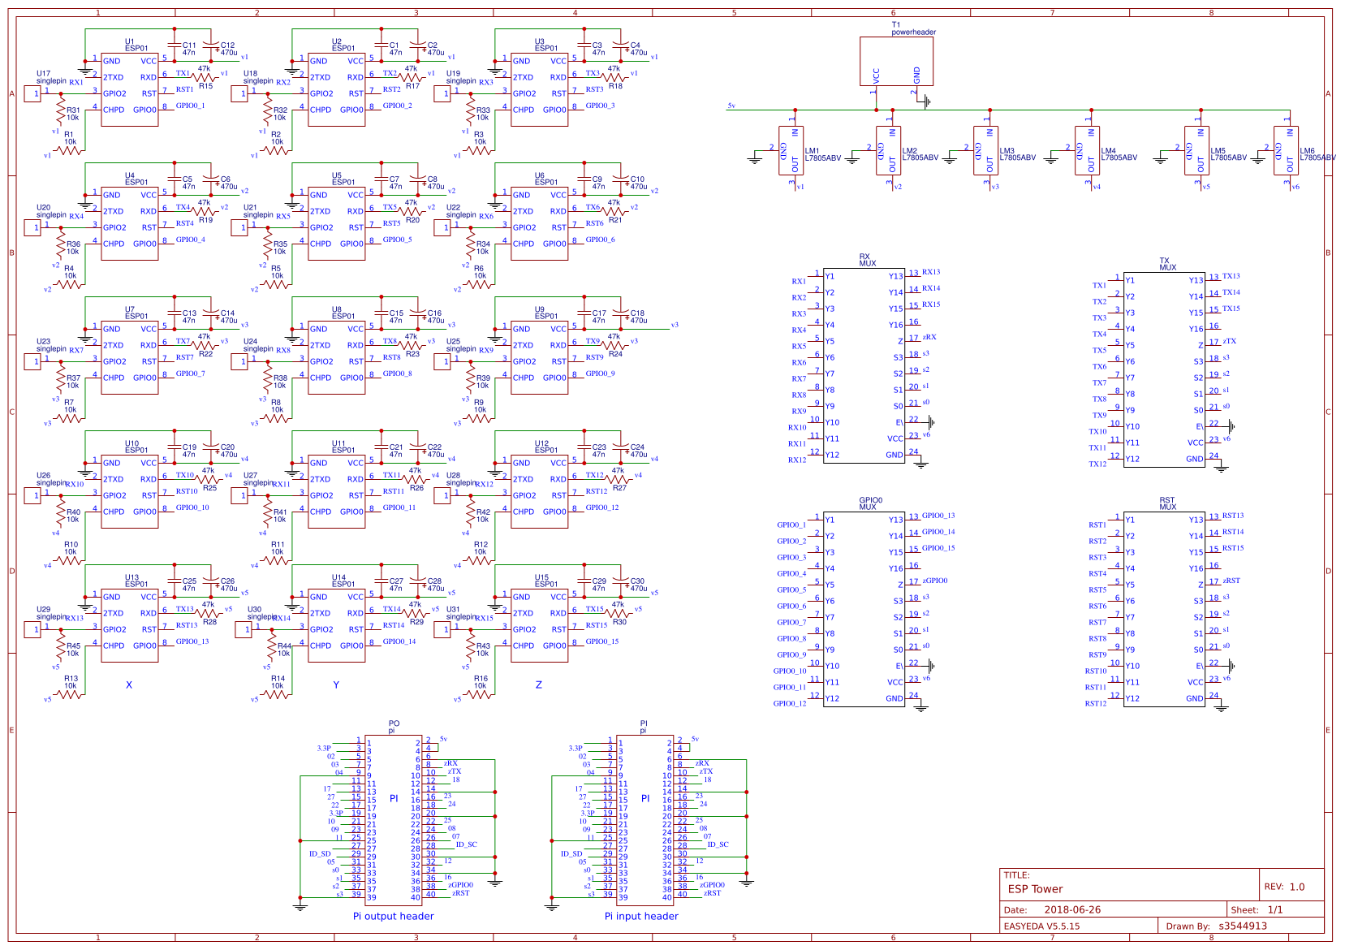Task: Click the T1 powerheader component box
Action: coord(896,61)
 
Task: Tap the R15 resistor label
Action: coord(205,86)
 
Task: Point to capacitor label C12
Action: coord(227,45)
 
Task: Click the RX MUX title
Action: coord(867,261)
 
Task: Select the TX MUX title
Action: coord(1167,264)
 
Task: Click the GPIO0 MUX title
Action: coord(869,503)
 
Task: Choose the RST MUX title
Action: coord(1167,503)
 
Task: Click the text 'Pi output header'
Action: coord(393,916)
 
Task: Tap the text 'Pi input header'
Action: coord(641,916)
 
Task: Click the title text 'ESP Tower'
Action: coord(1035,888)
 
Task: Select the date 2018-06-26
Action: coord(1072,910)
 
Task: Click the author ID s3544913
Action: coord(1243,926)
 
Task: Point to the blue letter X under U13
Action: coord(129,685)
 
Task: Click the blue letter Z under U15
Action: coord(538,685)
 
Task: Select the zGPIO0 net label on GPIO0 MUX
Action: coord(935,581)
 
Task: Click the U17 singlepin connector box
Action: coord(32,94)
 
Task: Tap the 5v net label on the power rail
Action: coord(731,106)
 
